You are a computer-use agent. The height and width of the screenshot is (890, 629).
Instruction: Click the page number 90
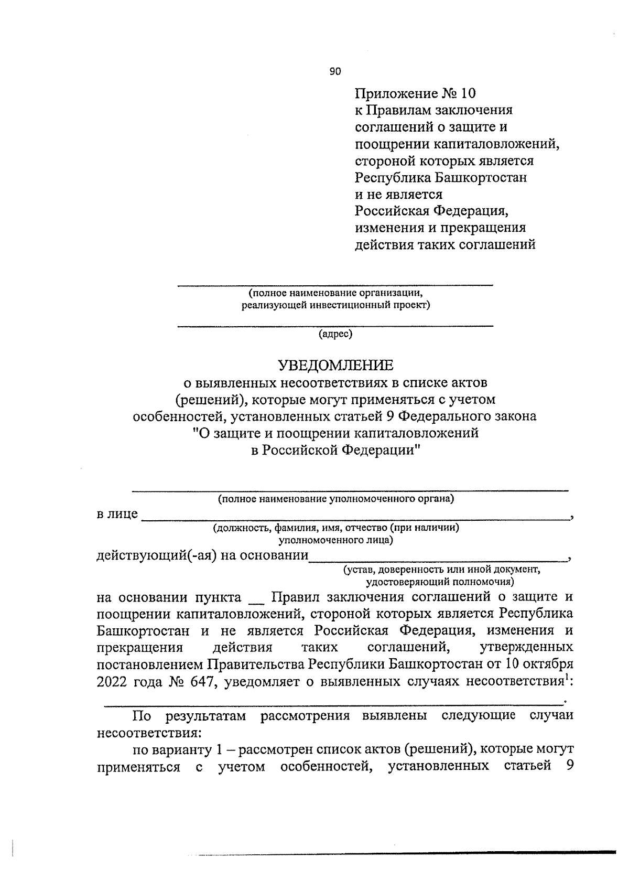click(335, 72)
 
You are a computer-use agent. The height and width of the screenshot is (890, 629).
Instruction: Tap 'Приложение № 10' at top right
click(415, 94)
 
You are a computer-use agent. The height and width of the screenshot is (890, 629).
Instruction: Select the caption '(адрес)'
click(335, 334)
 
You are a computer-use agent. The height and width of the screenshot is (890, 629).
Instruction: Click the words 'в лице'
click(117, 514)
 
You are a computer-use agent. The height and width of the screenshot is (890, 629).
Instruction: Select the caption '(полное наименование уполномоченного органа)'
click(335, 499)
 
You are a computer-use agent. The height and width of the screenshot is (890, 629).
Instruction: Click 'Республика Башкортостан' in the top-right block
click(441, 178)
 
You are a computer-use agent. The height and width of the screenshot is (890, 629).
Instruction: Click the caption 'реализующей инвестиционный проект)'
click(335, 305)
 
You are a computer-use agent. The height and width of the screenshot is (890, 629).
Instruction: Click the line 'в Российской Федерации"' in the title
click(335, 451)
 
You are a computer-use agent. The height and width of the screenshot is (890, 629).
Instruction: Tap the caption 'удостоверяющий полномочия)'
click(439, 582)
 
